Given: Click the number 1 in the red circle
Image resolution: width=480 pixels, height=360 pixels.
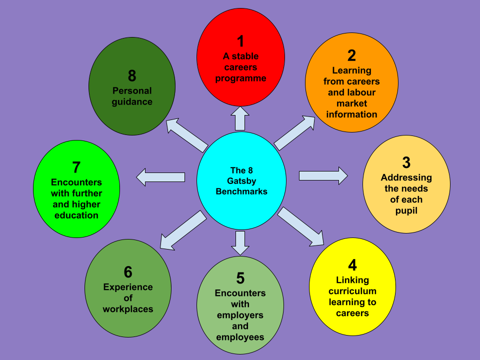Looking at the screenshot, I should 240,40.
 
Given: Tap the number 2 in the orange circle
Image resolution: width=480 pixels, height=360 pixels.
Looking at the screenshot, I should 351,55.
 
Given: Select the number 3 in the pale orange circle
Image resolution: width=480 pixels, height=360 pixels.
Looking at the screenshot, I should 406,162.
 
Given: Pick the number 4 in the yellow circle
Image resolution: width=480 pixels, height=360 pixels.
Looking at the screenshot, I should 352,264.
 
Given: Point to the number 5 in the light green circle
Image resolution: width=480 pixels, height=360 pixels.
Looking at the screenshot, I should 240,277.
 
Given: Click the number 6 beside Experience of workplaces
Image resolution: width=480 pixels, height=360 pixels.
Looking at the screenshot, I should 128,272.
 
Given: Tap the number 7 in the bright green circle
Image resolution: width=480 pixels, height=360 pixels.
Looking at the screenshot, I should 76,167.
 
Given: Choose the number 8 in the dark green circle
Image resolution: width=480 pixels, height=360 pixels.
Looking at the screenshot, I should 132,76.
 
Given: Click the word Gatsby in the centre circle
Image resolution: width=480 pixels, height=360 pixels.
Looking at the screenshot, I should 241,180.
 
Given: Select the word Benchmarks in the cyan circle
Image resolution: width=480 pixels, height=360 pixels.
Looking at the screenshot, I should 241,191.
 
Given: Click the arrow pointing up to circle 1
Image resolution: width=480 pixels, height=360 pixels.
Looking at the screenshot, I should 240,118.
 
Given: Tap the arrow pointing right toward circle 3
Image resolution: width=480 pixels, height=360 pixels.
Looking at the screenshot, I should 323,175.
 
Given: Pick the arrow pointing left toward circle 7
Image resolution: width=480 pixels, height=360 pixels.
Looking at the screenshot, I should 160,177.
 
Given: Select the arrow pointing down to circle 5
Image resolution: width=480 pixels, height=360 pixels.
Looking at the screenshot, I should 240,242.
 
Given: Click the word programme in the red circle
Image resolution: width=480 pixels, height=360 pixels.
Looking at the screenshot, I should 240,78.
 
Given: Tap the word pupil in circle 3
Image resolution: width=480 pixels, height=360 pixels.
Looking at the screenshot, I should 406,210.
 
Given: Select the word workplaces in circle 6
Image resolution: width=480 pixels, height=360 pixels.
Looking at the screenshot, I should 128,309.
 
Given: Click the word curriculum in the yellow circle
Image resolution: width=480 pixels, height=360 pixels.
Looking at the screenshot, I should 352,291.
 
